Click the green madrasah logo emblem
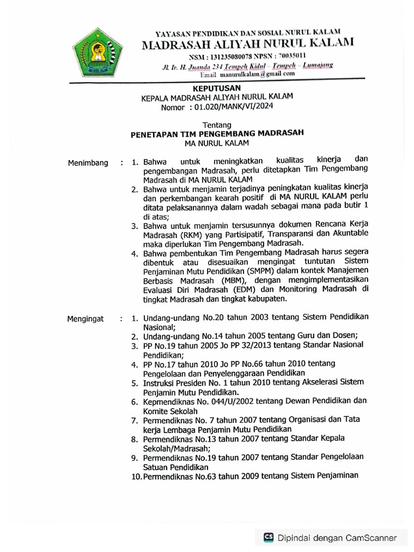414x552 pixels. (x=94, y=54)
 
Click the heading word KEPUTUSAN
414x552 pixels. (x=217, y=88)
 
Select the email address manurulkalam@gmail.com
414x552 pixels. (x=254, y=74)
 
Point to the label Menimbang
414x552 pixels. (x=88, y=163)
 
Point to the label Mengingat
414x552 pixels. (x=85, y=319)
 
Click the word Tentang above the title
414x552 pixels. (x=217, y=125)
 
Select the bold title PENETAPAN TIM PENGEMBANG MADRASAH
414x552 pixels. (x=217, y=134)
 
